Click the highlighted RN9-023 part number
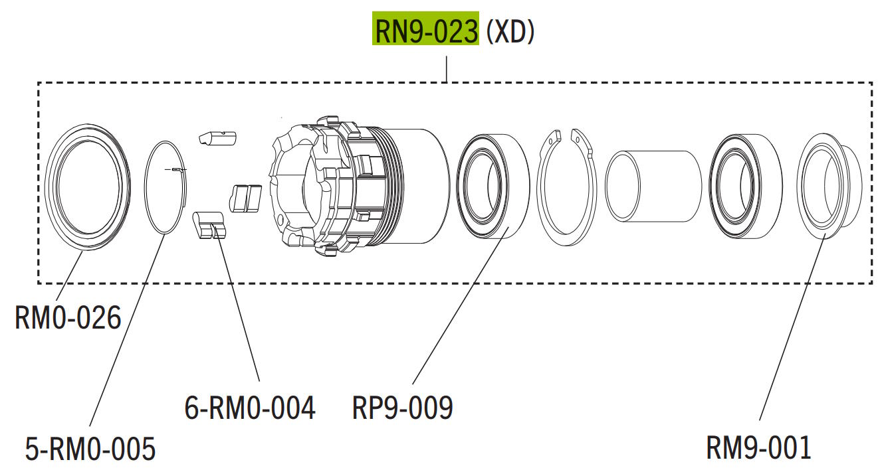pos(425,31)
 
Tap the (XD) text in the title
pos(510,31)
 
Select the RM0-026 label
pos(68,319)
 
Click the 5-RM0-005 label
pos(90,448)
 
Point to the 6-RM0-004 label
pos(250,408)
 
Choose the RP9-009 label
pos(402,408)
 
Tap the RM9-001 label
pos(758,448)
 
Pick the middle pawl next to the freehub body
pos(245,198)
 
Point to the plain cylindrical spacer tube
pos(654,186)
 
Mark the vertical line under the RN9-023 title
pos(446,69)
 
